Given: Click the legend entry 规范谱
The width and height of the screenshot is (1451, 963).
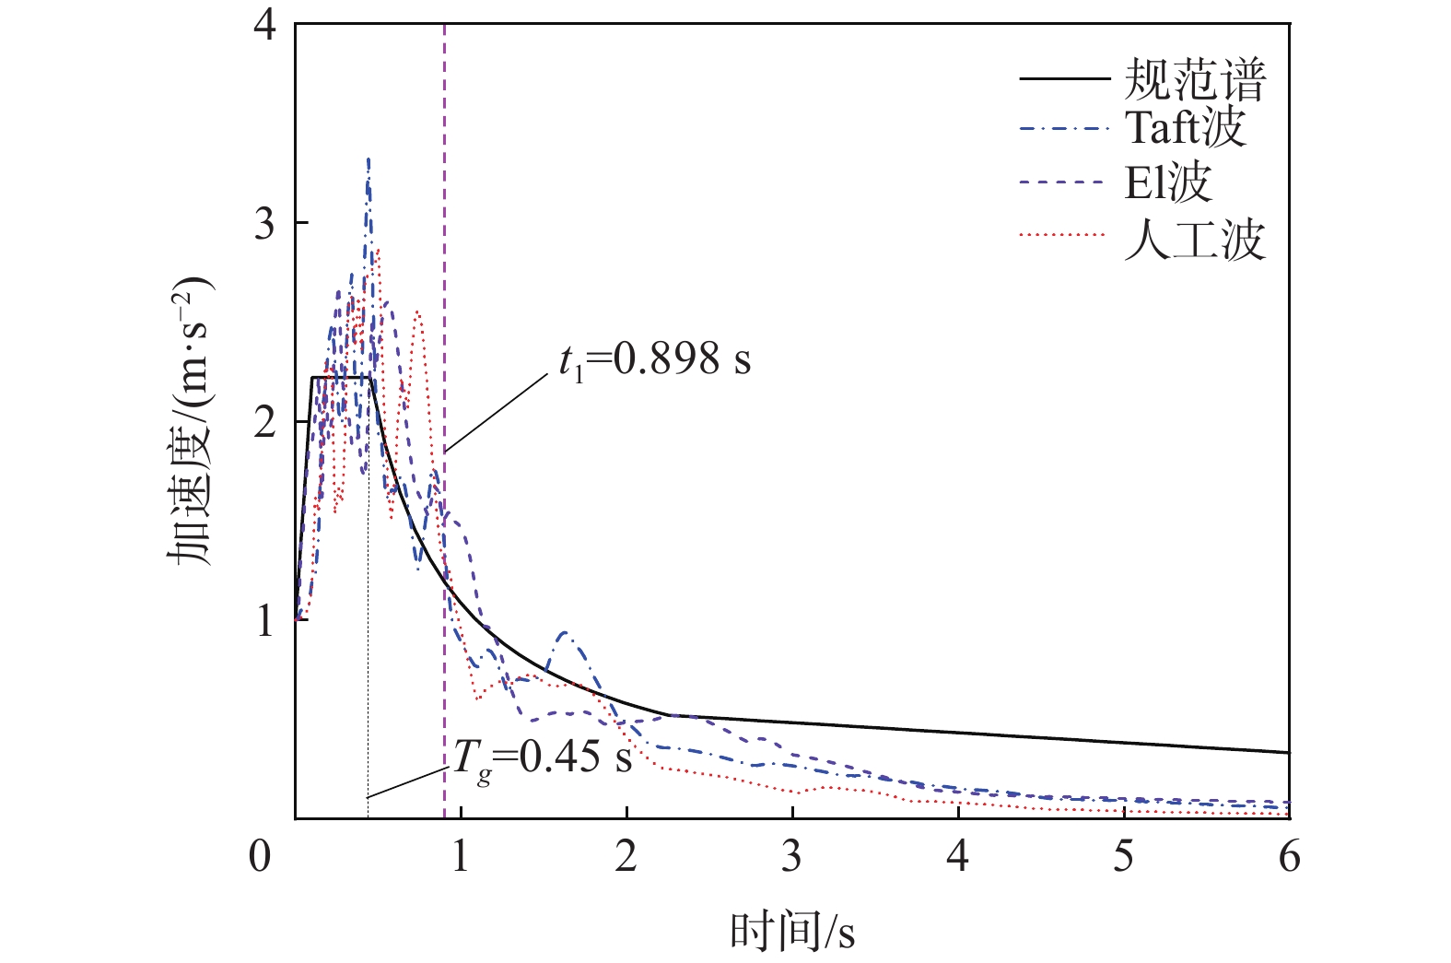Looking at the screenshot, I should coord(1195,80).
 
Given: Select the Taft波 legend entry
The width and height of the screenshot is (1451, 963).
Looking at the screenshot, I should coord(1185,128).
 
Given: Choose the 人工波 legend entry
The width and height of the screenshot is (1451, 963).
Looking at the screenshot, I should coord(1195,239).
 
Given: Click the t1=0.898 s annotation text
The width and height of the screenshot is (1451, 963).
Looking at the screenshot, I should coord(654,359).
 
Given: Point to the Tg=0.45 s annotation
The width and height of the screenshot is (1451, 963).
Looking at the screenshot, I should coord(542,759).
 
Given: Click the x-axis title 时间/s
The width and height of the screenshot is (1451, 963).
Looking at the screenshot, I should coord(792,932).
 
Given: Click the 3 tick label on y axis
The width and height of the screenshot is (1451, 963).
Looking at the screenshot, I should coord(264,224).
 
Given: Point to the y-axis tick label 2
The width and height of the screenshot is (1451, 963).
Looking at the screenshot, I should coord(264,422).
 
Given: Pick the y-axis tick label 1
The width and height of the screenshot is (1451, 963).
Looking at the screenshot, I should coord(264,620).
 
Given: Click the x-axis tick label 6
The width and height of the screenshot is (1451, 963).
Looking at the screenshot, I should coord(1289,857).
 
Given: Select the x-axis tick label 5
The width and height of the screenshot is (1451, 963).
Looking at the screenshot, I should coord(1123,857).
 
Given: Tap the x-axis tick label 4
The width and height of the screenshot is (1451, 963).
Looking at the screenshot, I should coord(958,857).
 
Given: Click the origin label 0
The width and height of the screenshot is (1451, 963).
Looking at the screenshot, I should coord(261,857).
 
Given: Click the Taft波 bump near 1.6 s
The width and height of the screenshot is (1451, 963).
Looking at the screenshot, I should coord(564,633).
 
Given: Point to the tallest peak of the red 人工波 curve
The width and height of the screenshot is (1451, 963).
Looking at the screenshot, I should coord(377,249).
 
